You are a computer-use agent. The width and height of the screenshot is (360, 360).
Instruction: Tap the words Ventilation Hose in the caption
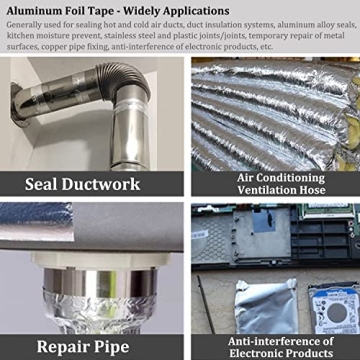click(276, 190)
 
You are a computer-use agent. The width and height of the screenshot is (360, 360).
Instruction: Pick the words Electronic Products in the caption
click(280, 353)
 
